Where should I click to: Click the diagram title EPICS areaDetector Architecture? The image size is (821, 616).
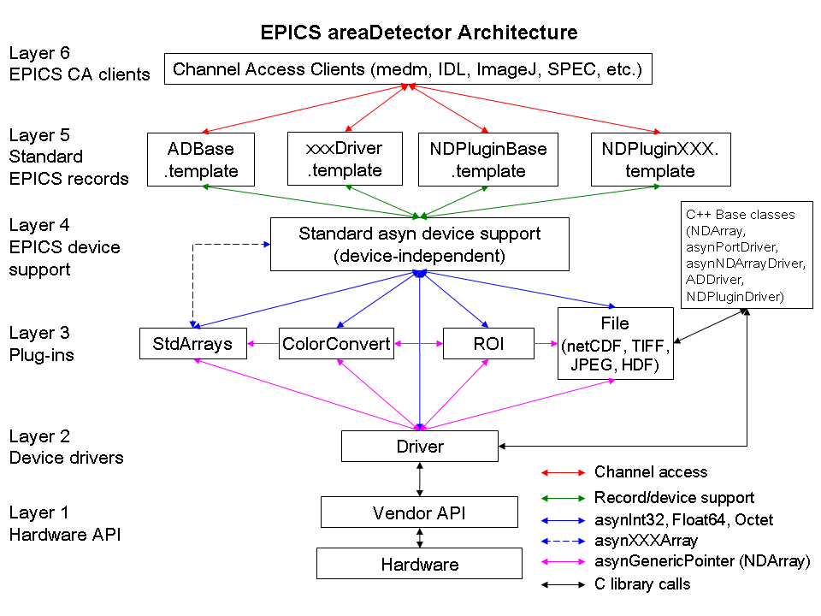[x=419, y=33]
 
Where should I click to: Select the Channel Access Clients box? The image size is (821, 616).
[x=408, y=68]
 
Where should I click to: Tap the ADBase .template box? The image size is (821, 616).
[x=200, y=159]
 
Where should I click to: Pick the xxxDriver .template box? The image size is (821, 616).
[x=345, y=159]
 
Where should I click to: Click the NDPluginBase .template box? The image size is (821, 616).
[x=488, y=159]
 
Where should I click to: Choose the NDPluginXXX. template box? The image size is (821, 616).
[x=661, y=159]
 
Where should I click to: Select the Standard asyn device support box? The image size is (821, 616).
[x=419, y=244]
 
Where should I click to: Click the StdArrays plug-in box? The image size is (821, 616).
[x=192, y=344]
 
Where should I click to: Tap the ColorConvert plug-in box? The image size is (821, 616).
[x=336, y=344]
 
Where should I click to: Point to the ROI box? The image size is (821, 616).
[x=488, y=344]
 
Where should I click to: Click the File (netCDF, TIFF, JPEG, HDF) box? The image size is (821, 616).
[x=615, y=344]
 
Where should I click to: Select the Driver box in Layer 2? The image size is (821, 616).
[x=419, y=447]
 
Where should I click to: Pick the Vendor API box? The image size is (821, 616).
[x=419, y=512]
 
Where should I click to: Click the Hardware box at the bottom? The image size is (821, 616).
[x=419, y=564]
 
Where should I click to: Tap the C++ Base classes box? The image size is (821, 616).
[x=747, y=255]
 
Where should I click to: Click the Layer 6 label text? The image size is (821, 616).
[x=39, y=53]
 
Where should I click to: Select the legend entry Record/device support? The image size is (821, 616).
[x=674, y=497]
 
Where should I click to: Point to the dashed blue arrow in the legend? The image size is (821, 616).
[x=563, y=541]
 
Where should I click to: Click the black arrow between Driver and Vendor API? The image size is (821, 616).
[x=419, y=479]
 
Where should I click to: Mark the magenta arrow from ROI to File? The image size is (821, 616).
[x=546, y=344]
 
